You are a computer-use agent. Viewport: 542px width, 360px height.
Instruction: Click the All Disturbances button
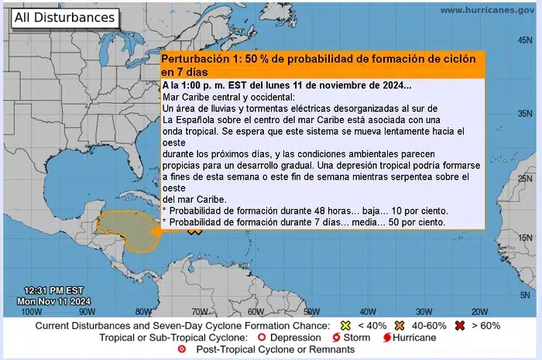pos(64,17)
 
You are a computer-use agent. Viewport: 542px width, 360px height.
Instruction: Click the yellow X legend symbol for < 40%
pos(347,326)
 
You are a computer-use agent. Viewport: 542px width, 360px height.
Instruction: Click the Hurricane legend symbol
pos(386,338)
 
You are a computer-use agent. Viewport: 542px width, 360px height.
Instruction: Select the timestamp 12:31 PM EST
pos(50,290)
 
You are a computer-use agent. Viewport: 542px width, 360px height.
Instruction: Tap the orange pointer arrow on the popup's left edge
pos(155,230)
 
